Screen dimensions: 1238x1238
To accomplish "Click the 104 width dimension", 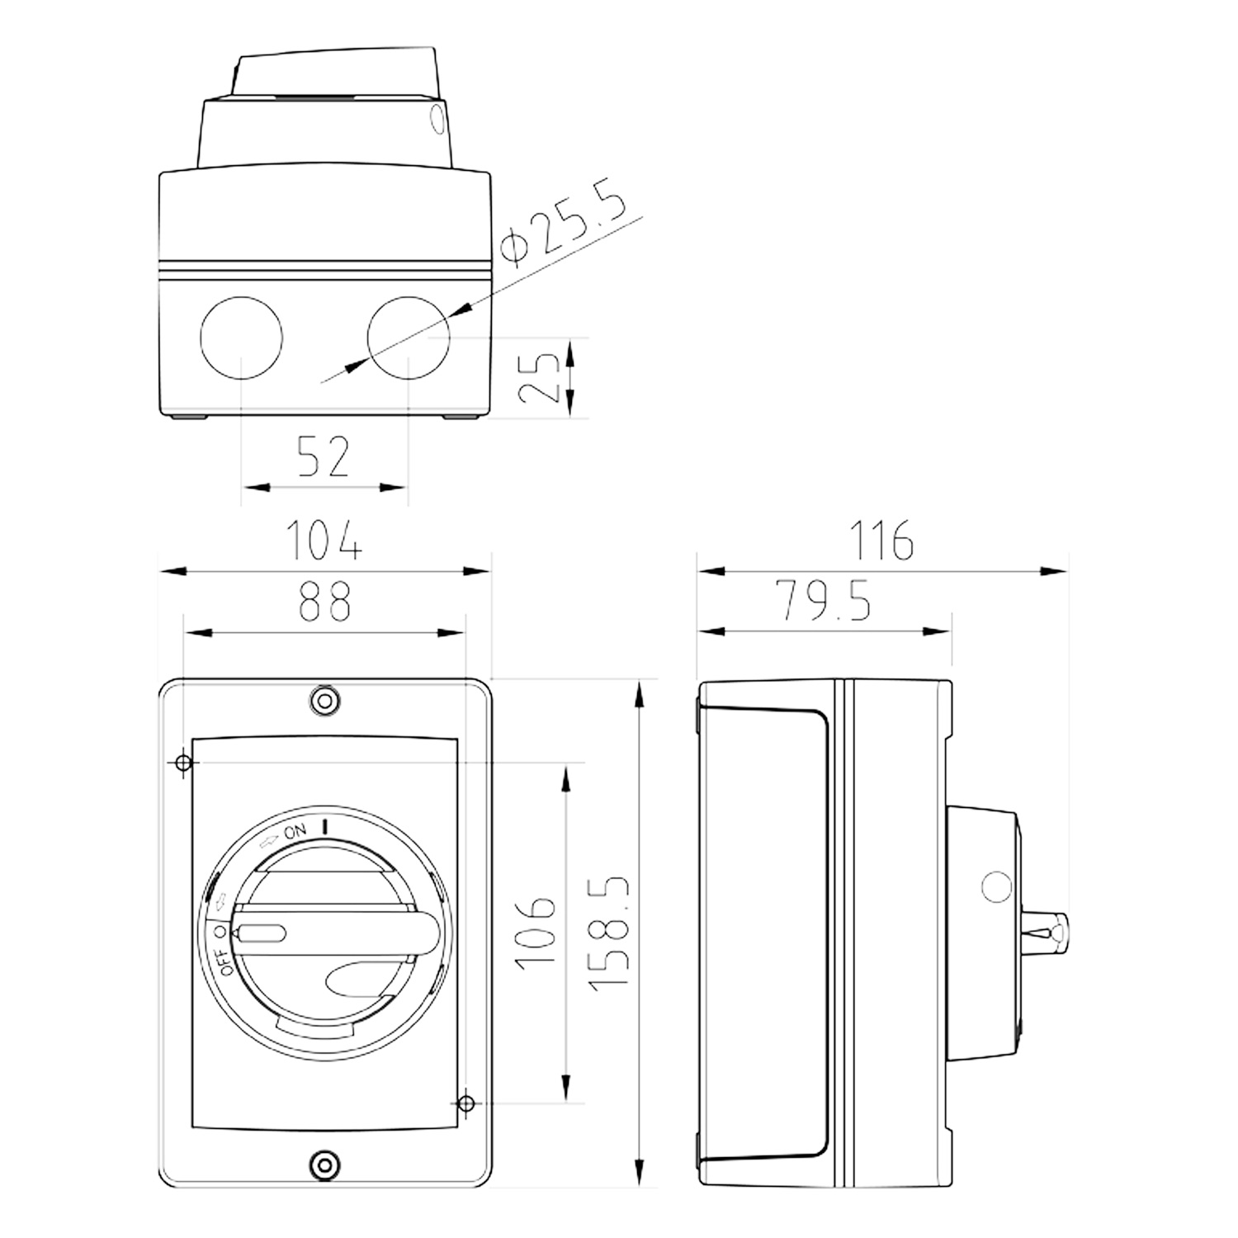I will pyautogui.click(x=324, y=540).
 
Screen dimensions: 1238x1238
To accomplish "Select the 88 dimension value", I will pyautogui.click(x=324, y=602).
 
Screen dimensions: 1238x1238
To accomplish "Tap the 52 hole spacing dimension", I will pyautogui.click(x=324, y=457).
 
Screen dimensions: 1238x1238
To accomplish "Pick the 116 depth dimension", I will pyautogui.click(x=881, y=540).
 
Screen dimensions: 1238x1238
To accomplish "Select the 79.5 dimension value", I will pyautogui.click(x=823, y=601).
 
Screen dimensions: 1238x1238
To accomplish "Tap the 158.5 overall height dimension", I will pyautogui.click(x=610, y=931).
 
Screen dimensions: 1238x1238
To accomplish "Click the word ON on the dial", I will pyautogui.click(x=295, y=831).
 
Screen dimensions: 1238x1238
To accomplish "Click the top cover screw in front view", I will pyautogui.click(x=324, y=701).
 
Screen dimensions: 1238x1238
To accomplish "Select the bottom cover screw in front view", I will pyautogui.click(x=324, y=1165).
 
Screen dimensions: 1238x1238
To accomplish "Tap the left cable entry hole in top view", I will pyautogui.click(x=241, y=338).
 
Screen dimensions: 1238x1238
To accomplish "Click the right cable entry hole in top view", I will pyautogui.click(x=409, y=338).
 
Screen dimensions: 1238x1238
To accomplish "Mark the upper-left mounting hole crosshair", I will pyautogui.click(x=184, y=763).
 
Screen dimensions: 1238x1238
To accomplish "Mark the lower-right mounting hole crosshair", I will pyautogui.click(x=465, y=1102).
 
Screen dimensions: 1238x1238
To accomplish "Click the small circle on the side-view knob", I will pyautogui.click(x=996, y=887).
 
